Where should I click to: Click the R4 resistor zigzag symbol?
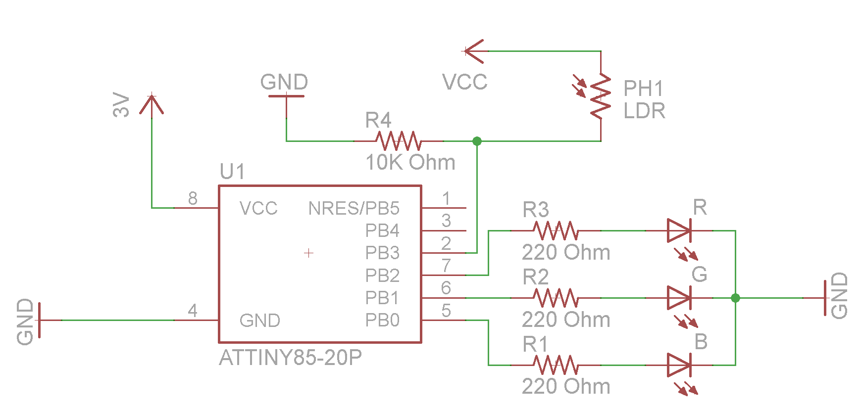399,141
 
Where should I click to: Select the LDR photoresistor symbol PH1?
601,96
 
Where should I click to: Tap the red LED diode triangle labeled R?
679,230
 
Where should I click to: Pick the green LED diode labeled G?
679,298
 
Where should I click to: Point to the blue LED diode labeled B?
679,365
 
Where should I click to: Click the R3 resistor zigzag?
556,230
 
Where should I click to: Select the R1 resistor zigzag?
556,365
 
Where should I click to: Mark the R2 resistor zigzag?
556,298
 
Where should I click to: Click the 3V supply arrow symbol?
152,104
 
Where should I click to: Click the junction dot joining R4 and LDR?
477,141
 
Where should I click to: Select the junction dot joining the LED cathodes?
735,298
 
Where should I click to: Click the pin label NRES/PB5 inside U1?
354,208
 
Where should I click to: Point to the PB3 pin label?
382,253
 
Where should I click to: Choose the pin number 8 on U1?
193,198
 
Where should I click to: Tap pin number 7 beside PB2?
446,266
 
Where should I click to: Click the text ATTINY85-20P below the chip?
290,357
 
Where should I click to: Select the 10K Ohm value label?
410,162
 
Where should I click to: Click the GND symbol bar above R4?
286,96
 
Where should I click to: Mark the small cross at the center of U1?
308,253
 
